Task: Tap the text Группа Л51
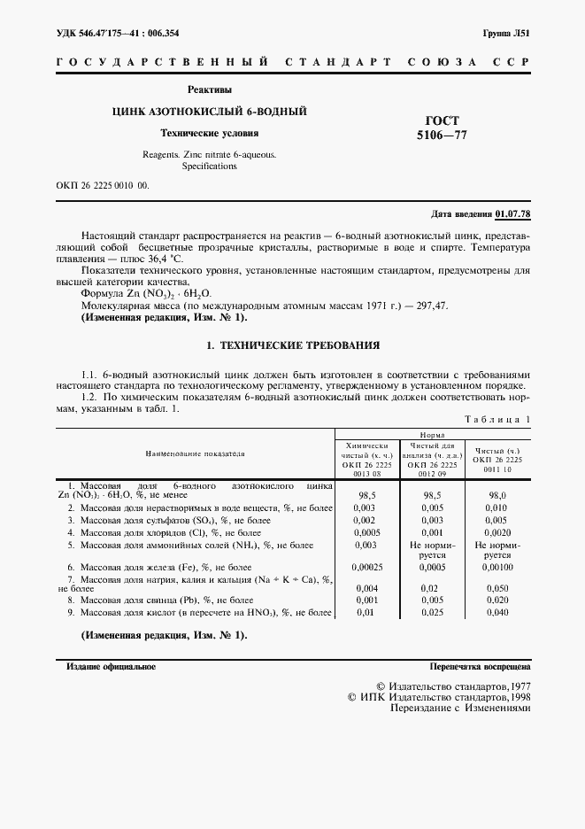click(x=505, y=33)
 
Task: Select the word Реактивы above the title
click(x=209, y=90)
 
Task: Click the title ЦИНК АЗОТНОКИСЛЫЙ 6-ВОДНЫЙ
click(x=209, y=112)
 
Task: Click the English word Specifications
click(x=210, y=166)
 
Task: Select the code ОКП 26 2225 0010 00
click(x=102, y=186)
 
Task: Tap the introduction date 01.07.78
click(x=512, y=214)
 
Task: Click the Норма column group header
click(x=432, y=436)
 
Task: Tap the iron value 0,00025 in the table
click(x=366, y=566)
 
